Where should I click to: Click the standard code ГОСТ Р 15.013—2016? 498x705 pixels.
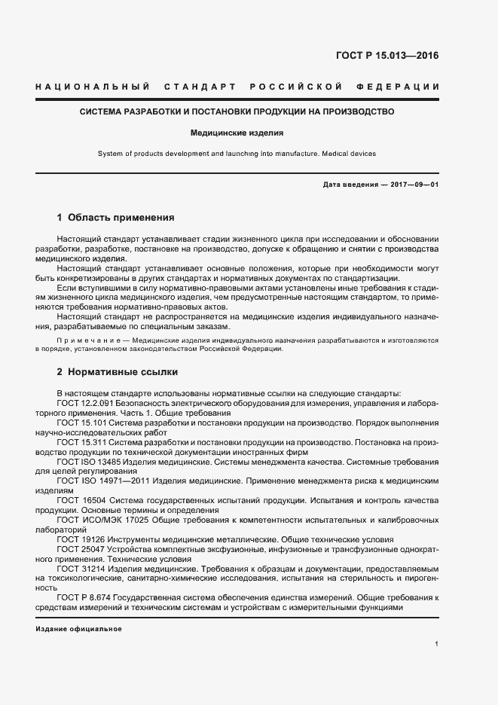(387, 56)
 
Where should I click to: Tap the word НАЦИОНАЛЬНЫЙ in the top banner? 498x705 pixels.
(92, 87)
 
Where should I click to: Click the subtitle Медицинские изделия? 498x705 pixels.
(237, 133)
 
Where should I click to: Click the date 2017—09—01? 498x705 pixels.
(414, 185)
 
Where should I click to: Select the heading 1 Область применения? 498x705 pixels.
(115, 218)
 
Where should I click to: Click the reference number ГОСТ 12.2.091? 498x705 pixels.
(85, 404)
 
